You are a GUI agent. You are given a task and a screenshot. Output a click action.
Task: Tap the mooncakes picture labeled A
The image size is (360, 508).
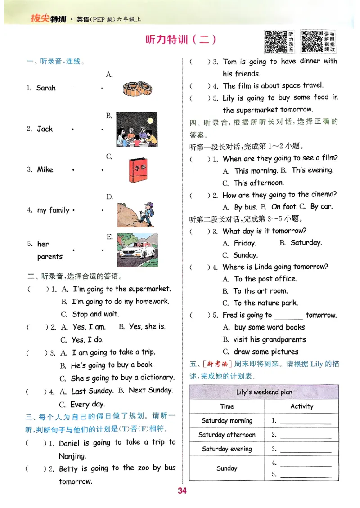[x=137, y=89]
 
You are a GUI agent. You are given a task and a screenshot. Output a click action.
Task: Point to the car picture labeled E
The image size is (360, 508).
[x=137, y=250]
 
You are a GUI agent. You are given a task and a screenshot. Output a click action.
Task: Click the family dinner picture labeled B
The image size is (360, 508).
[x=137, y=129]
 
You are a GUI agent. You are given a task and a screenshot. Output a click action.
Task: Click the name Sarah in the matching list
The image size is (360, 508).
[x=46, y=88]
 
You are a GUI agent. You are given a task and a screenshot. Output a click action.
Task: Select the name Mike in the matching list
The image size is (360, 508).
[x=45, y=169]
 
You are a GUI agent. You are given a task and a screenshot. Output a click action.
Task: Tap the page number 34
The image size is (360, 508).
[x=182, y=490]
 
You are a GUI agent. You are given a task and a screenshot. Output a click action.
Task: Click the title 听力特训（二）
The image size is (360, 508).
[x=181, y=40]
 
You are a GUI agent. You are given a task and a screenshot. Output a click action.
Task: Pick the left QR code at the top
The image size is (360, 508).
[x=275, y=41]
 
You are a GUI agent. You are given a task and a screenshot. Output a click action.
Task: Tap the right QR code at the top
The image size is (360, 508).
[x=312, y=41]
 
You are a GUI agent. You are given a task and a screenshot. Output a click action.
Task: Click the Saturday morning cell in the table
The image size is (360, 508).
[x=227, y=421]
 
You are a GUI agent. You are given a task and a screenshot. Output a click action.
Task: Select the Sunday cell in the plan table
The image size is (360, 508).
[x=227, y=468]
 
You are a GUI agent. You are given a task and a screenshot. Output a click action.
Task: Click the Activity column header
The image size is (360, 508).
[x=301, y=406]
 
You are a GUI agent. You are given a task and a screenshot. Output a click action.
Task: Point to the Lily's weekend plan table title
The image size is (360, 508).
[x=264, y=392]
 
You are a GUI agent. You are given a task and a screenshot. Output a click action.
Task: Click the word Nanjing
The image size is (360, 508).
[x=72, y=456]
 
